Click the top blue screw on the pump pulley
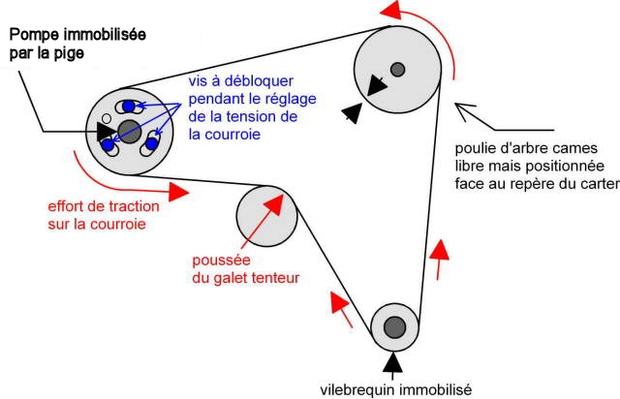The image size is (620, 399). (x=128, y=106)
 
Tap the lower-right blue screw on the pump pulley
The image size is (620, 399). (x=151, y=145)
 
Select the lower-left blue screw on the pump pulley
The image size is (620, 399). (x=108, y=144)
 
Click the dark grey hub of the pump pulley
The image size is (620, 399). (x=129, y=131)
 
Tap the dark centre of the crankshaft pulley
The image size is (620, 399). (x=393, y=326)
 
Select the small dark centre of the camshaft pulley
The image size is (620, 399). (x=397, y=68)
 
